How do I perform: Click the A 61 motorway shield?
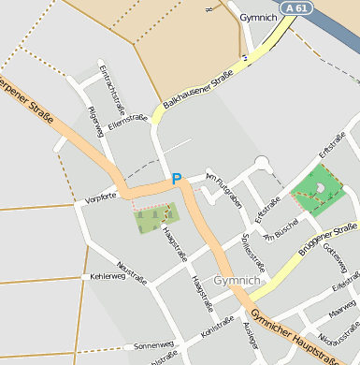click(x=296, y=7)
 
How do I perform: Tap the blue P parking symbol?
click(x=176, y=178)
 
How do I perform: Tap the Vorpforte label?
click(x=100, y=198)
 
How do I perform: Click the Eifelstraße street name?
click(x=346, y=281)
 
